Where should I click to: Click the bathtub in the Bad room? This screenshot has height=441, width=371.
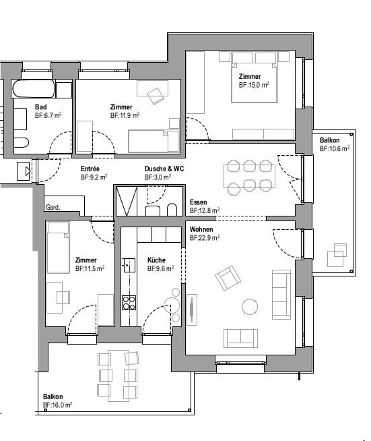point(33,90)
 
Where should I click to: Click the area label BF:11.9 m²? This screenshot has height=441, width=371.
point(125,116)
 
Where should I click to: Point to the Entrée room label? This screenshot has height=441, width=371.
point(91,169)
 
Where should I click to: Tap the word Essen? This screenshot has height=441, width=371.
point(198,202)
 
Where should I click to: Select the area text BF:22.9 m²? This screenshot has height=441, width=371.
point(205,238)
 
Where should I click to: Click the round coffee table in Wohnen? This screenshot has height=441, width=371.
point(250,306)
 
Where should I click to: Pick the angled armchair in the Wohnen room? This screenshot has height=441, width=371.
point(227,278)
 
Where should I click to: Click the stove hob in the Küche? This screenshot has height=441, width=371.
point(129,303)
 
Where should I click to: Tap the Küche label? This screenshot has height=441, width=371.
point(156,260)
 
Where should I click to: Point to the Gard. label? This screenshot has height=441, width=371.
point(53,207)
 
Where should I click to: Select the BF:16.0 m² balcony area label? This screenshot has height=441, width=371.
point(57,405)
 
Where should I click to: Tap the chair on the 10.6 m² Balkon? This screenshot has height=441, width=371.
point(337,258)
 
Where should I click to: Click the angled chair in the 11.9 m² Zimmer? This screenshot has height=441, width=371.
point(156,95)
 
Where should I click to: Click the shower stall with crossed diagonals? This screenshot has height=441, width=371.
point(127,200)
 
